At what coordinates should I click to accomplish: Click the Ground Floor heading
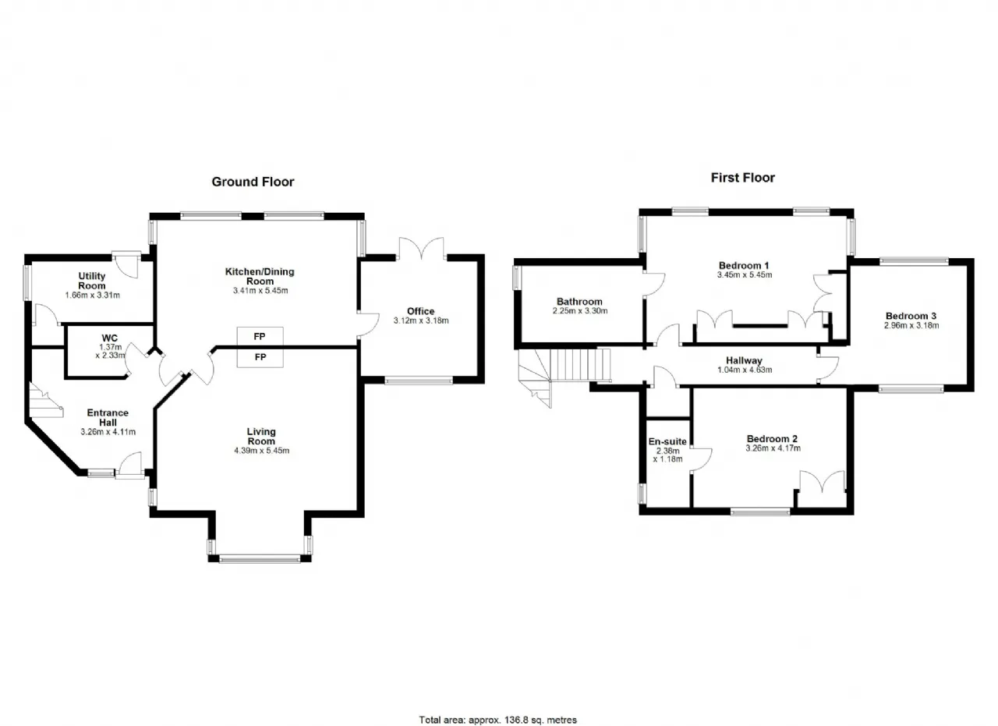tap(253, 182)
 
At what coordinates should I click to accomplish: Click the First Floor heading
tap(743, 178)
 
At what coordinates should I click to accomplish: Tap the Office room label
tap(420, 311)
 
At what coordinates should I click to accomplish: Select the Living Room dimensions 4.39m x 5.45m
tap(261, 451)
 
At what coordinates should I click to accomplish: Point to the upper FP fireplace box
tap(260, 336)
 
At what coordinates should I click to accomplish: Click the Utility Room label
tap(92, 281)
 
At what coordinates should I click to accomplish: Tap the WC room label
tap(110, 338)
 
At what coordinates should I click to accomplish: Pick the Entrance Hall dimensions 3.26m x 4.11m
tap(108, 432)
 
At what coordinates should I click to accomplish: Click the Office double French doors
tap(421, 248)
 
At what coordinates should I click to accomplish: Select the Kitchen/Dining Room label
tap(260, 276)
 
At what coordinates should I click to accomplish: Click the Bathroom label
tap(579, 302)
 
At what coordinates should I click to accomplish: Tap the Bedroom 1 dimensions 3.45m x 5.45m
tap(745, 275)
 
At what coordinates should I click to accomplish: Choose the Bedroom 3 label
tap(911, 316)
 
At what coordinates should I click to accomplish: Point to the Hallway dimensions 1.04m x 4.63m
tap(745, 370)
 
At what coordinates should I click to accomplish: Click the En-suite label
tap(667, 441)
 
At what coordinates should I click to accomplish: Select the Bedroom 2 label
tap(772, 439)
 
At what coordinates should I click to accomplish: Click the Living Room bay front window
tap(260, 558)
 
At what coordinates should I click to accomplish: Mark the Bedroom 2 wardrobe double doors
tap(822, 482)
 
